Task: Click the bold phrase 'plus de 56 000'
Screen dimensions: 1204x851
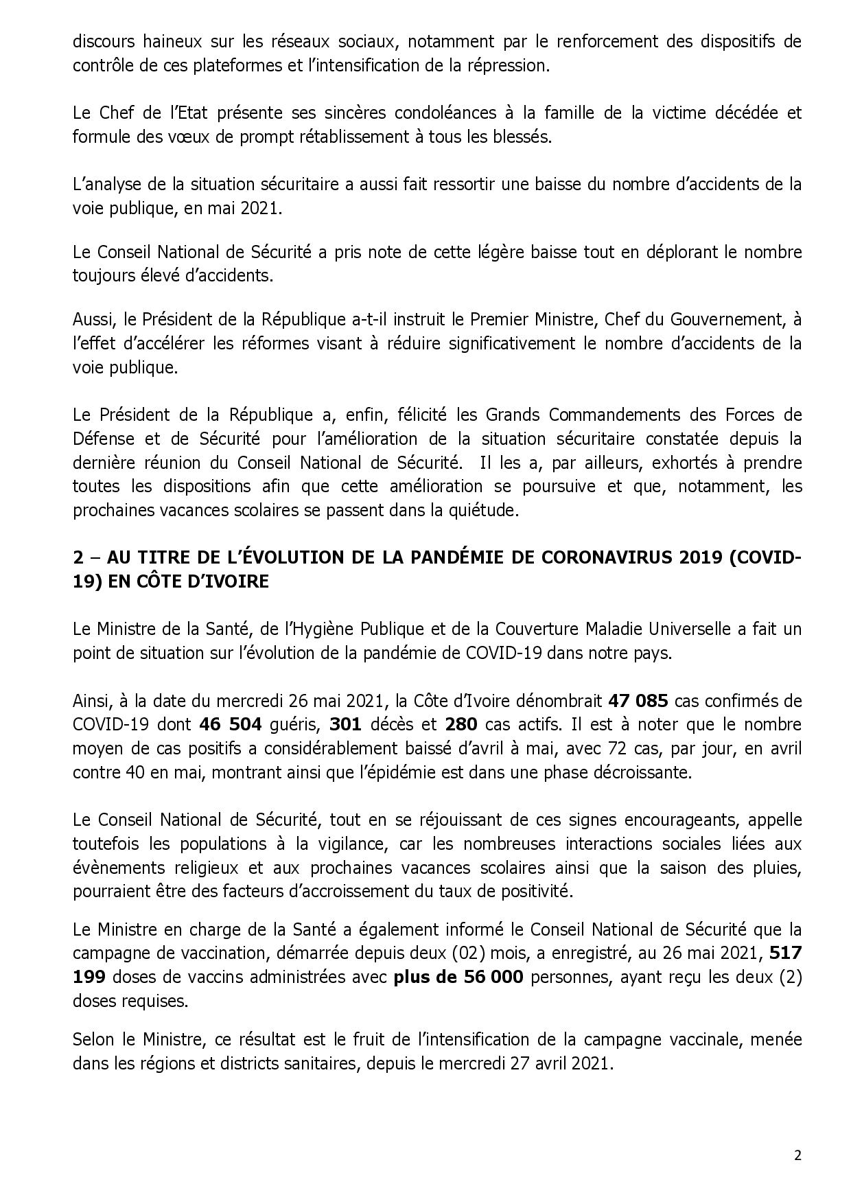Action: pos(458,977)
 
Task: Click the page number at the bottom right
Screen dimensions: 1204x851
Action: pos(797,1155)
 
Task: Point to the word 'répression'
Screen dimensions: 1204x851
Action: pos(509,65)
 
